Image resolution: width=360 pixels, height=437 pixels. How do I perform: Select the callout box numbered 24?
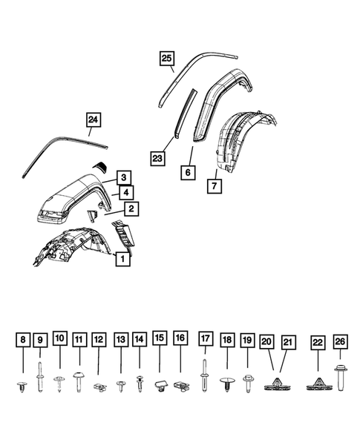93,119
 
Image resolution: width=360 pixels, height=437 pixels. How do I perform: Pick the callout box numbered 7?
213,185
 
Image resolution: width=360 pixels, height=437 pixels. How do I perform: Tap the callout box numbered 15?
160,338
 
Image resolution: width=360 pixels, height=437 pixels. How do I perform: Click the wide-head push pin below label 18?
227,383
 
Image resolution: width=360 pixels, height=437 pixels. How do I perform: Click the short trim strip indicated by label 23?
183,115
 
